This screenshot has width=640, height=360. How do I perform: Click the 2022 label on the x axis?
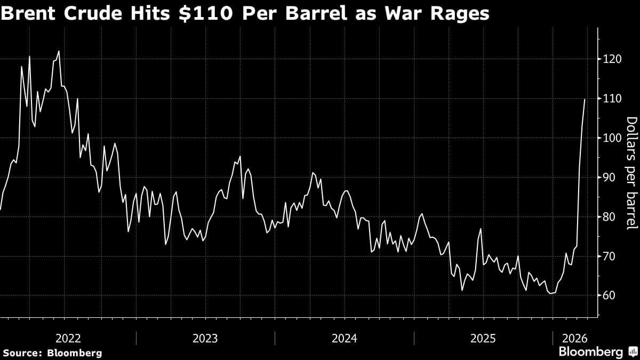68,338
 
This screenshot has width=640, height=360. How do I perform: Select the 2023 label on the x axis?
206,338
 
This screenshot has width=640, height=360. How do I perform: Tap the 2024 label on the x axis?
345,338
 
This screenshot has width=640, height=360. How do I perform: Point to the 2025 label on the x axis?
483,338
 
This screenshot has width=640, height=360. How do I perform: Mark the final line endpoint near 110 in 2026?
585,99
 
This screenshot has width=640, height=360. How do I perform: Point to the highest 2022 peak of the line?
59,51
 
